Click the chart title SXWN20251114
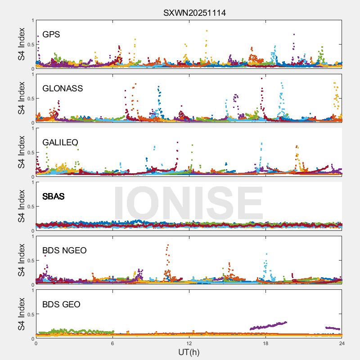tap(194, 13)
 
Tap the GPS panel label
tap(51, 35)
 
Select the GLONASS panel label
tap(63, 89)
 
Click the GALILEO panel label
tap(60, 143)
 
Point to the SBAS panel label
tap(53, 197)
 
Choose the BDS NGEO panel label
tap(64, 251)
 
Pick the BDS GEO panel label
tap(61, 305)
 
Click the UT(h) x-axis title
tap(189, 352)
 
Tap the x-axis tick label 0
tap(36, 343)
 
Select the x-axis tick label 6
tap(112, 343)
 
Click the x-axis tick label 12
tap(189, 343)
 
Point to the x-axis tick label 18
tap(265, 343)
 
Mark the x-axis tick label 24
tap(342, 343)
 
